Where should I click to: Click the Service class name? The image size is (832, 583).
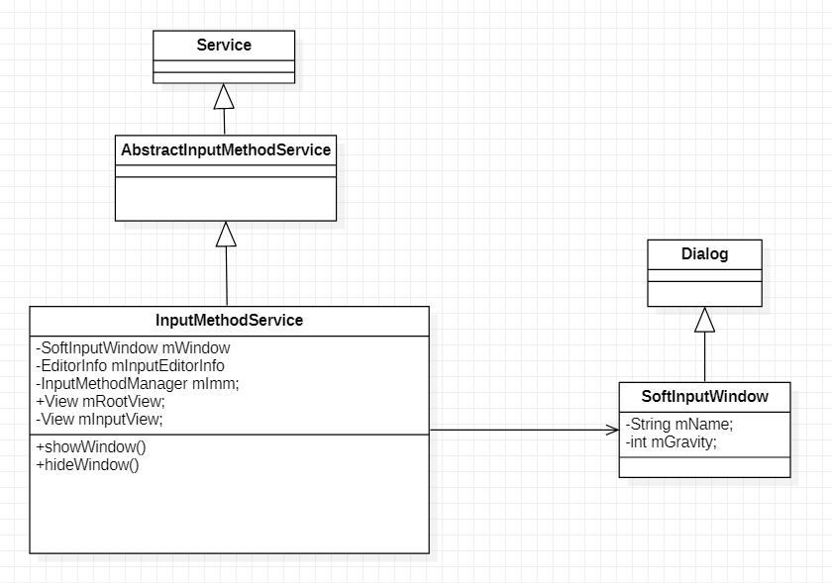click(224, 45)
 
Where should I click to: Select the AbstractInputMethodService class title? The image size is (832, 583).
click(226, 150)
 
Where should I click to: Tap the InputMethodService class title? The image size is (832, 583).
click(229, 321)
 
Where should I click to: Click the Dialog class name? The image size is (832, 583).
click(704, 254)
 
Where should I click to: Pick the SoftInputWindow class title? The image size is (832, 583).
click(704, 396)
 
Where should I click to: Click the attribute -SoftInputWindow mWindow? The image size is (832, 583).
click(133, 348)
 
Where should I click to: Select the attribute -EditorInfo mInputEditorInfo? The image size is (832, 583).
click(130, 366)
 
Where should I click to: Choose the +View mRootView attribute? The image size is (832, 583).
click(100, 402)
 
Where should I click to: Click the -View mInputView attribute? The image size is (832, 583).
click(99, 419)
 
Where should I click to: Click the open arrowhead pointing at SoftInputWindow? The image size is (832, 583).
click(612, 430)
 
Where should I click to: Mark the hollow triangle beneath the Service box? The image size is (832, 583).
click(224, 97)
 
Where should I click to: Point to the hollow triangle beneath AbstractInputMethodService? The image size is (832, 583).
click(226, 234)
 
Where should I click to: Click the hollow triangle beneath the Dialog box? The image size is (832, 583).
click(704, 319)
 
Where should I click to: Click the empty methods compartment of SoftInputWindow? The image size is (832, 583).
click(704, 467)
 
